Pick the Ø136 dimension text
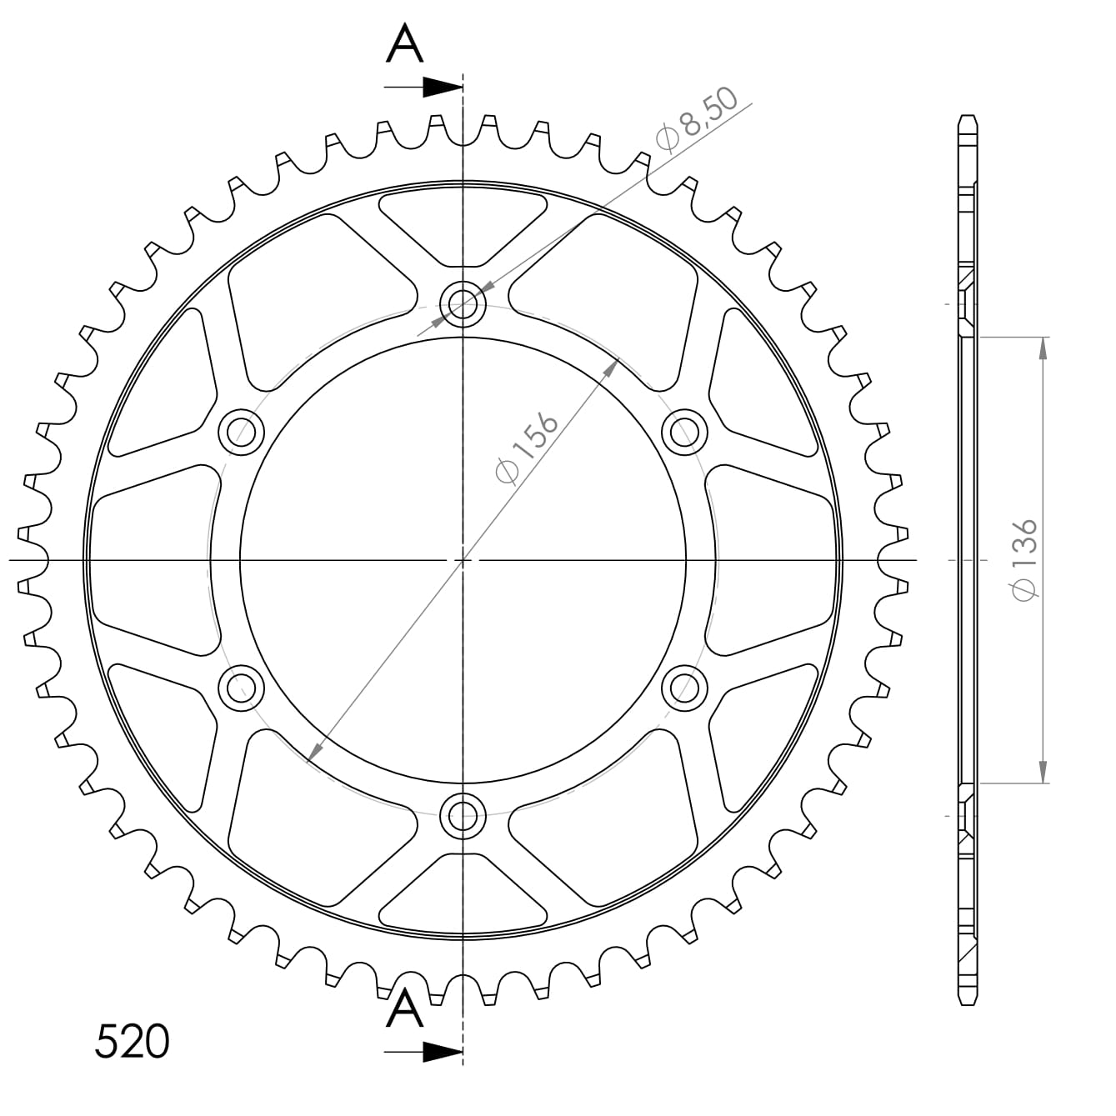click(1024, 560)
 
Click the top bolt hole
click(463, 303)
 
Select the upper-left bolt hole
click(241, 432)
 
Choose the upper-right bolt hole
click(684, 432)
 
